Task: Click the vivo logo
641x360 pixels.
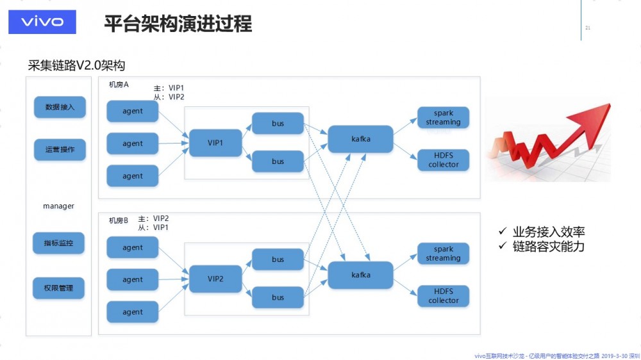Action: (x=42, y=22)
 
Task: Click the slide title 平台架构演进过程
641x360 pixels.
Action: (x=178, y=24)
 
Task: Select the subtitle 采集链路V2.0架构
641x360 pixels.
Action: (x=76, y=65)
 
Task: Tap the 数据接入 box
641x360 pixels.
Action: (x=60, y=107)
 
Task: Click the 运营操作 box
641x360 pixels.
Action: (x=60, y=150)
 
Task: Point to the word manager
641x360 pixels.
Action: (x=58, y=206)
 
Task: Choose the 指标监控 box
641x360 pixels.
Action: (x=59, y=243)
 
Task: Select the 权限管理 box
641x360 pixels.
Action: (x=59, y=288)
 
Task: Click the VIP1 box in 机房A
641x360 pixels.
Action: (x=215, y=143)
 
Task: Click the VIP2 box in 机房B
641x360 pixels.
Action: (x=215, y=279)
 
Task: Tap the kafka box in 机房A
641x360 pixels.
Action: (x=361, y=139)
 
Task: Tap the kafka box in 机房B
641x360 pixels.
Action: (x=361, y=275)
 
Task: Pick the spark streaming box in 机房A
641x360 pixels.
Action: (x=443, y=118)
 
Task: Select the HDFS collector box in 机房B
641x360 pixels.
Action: (x=443, y=296)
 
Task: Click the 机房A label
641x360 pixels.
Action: (x=119, y=85)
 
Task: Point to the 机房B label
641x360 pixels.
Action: (x=119, y=220)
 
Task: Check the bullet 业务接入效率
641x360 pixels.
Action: (x=548, y=232)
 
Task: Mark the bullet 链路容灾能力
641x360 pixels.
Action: (x=548, y=246)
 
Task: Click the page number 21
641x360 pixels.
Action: (x=588, y=28)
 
